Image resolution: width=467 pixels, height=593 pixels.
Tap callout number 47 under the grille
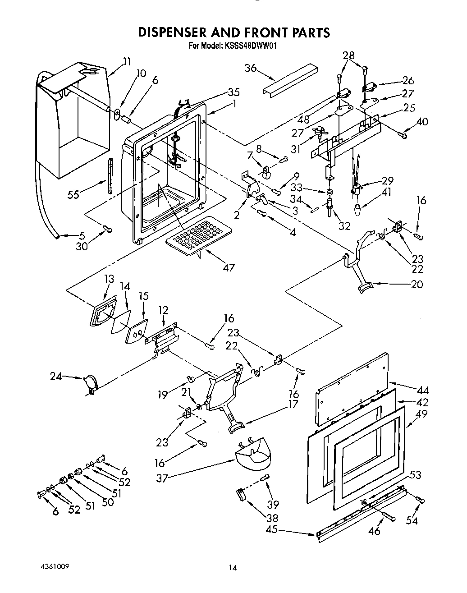click(229, 267)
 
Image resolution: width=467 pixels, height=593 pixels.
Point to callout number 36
click(251, 68)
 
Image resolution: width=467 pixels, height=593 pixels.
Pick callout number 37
click(161, 478)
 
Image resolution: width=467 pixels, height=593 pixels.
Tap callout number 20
click(417, 285)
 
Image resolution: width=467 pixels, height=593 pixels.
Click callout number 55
click(73, 194)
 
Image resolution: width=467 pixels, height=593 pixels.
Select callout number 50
click(107, 502)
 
